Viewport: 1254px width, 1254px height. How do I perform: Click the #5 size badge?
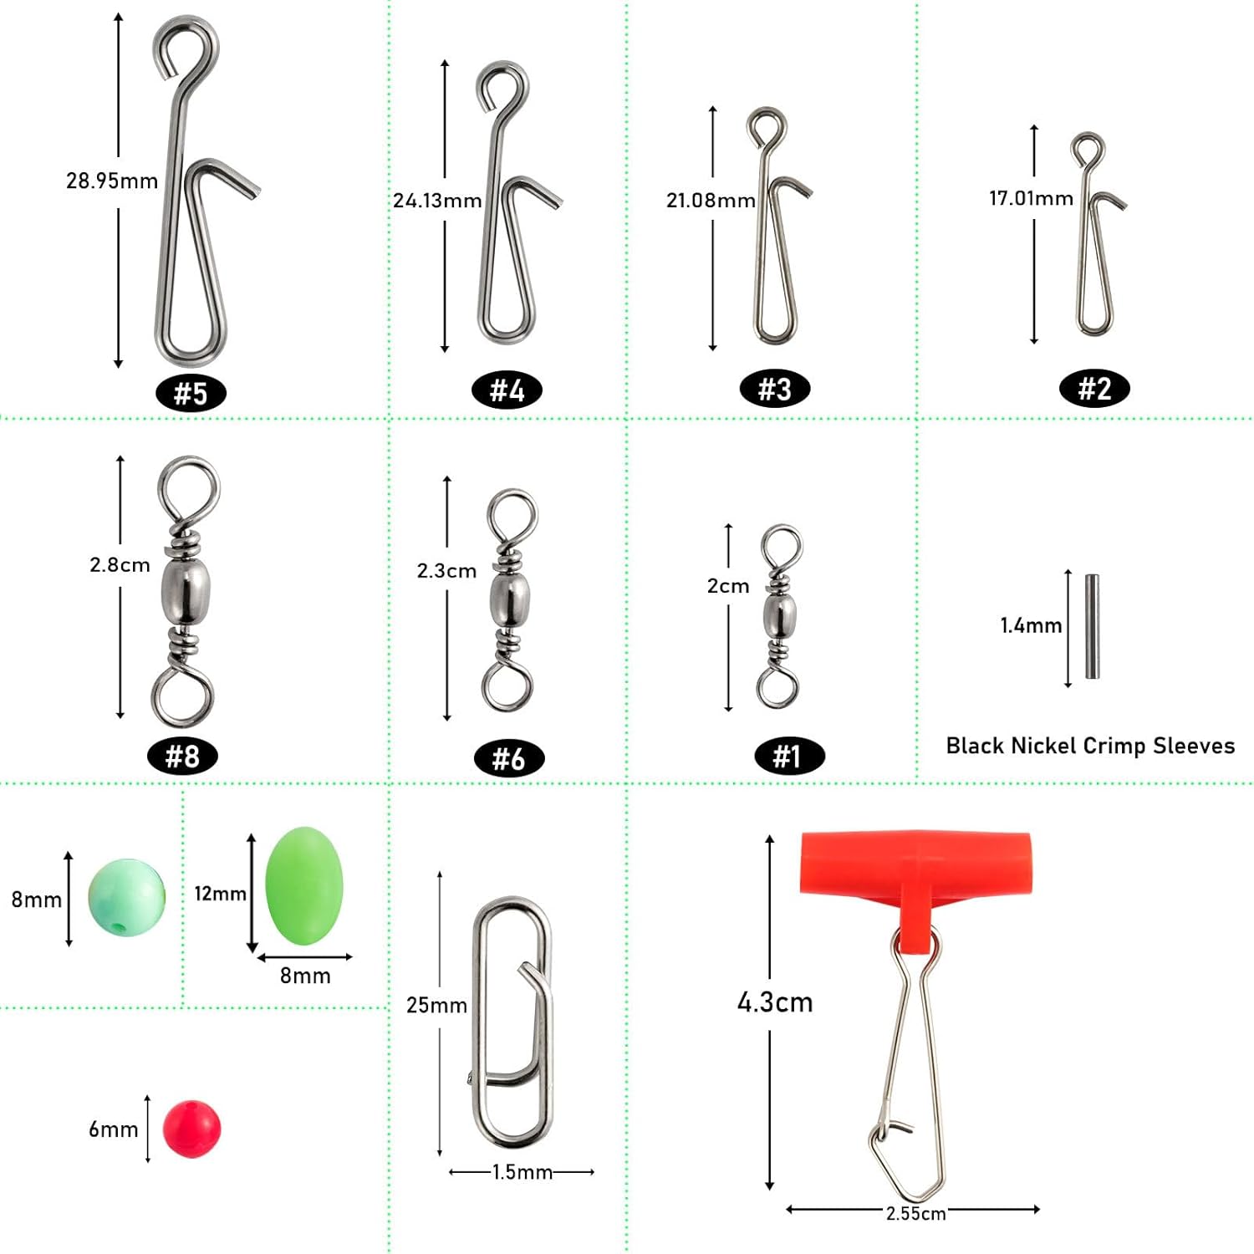191,393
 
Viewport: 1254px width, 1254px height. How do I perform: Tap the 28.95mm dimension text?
112,181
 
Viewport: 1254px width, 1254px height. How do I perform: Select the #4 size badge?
507,390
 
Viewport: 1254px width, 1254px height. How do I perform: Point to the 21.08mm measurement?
711,201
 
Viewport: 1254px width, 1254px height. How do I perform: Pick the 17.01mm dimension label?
1031,198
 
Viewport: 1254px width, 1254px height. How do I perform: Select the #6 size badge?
508,758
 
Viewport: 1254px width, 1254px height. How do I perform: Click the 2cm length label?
728,586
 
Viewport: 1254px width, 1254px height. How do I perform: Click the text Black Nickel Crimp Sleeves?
1090,746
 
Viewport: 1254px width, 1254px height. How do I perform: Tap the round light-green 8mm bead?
127,897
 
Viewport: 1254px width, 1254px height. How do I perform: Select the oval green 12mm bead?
304,886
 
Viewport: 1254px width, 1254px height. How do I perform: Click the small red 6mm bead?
191,1129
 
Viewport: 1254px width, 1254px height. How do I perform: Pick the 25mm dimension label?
436,1005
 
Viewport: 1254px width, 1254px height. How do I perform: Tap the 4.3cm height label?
775,1002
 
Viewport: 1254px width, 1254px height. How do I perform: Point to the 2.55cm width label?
915,1213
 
